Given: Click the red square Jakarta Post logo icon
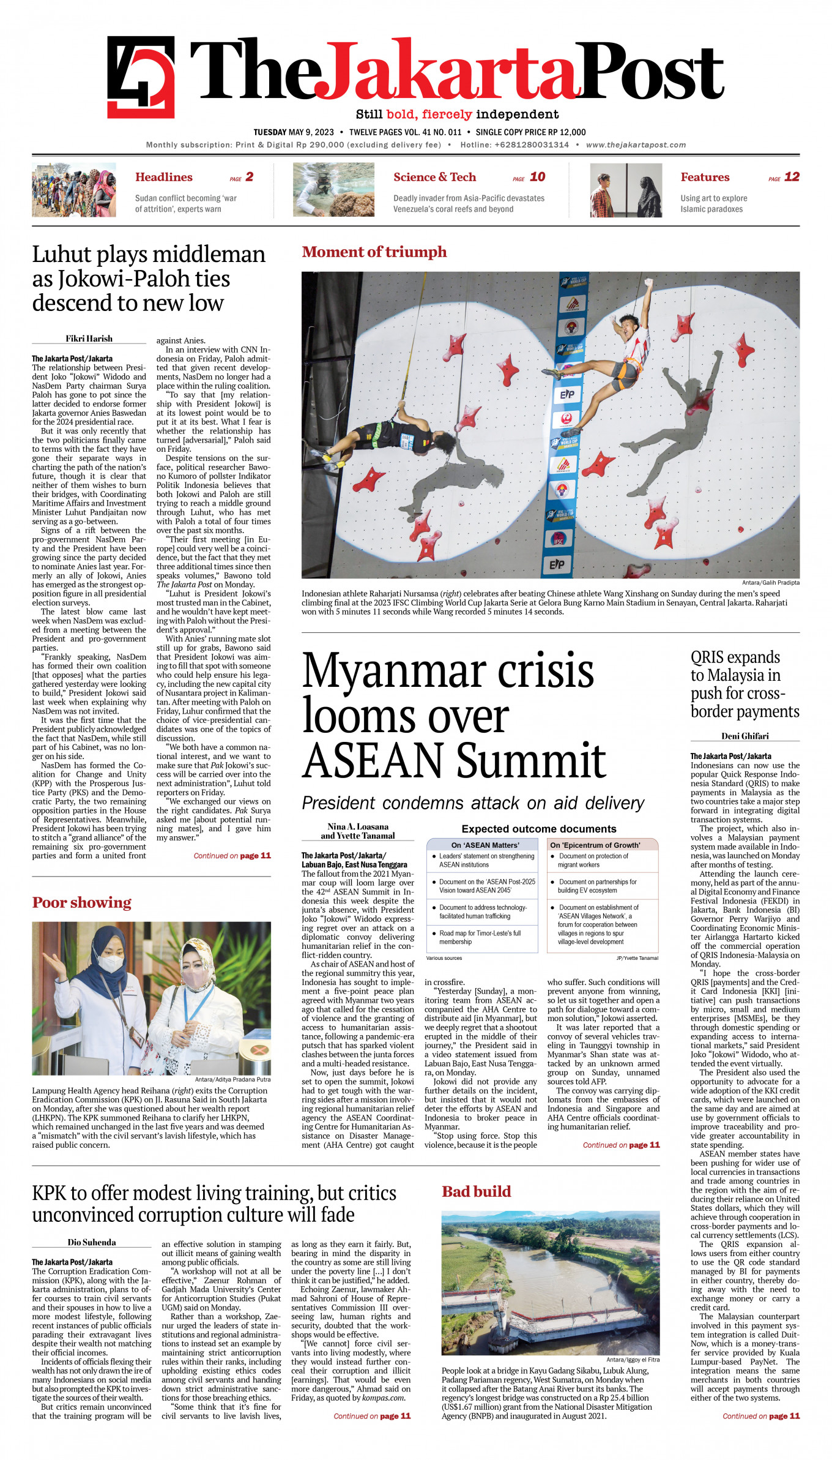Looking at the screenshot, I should pyautogui.click(x=141, y=77).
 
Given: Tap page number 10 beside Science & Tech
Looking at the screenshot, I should pyautogui.click(x=537, y=177).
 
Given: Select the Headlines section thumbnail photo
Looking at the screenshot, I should pyautogui.click(x=74, y=190).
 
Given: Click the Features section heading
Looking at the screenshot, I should pyautogui.click(x=705, y=178).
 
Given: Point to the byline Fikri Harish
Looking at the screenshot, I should pyautogui.click(x=89, y=339).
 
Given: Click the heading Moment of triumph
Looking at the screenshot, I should pyautogui.click(x=374, y=252).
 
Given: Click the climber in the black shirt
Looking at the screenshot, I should pyautogui.click(x=392, y=436).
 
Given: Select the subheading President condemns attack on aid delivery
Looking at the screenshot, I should pyautogui.click(x=473, y=803).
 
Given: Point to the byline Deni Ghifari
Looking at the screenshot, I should pyautogui.click(x=745, y=736).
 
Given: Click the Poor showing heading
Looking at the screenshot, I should pyautogui.click(x=82, y=903).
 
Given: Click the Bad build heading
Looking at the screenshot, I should pyautogui.click(x=476, y=1191).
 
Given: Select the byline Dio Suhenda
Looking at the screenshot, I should pyautogui.click(x=92, y=1242).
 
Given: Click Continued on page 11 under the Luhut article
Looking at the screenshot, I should pyautogui.click(x=232, y=856).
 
